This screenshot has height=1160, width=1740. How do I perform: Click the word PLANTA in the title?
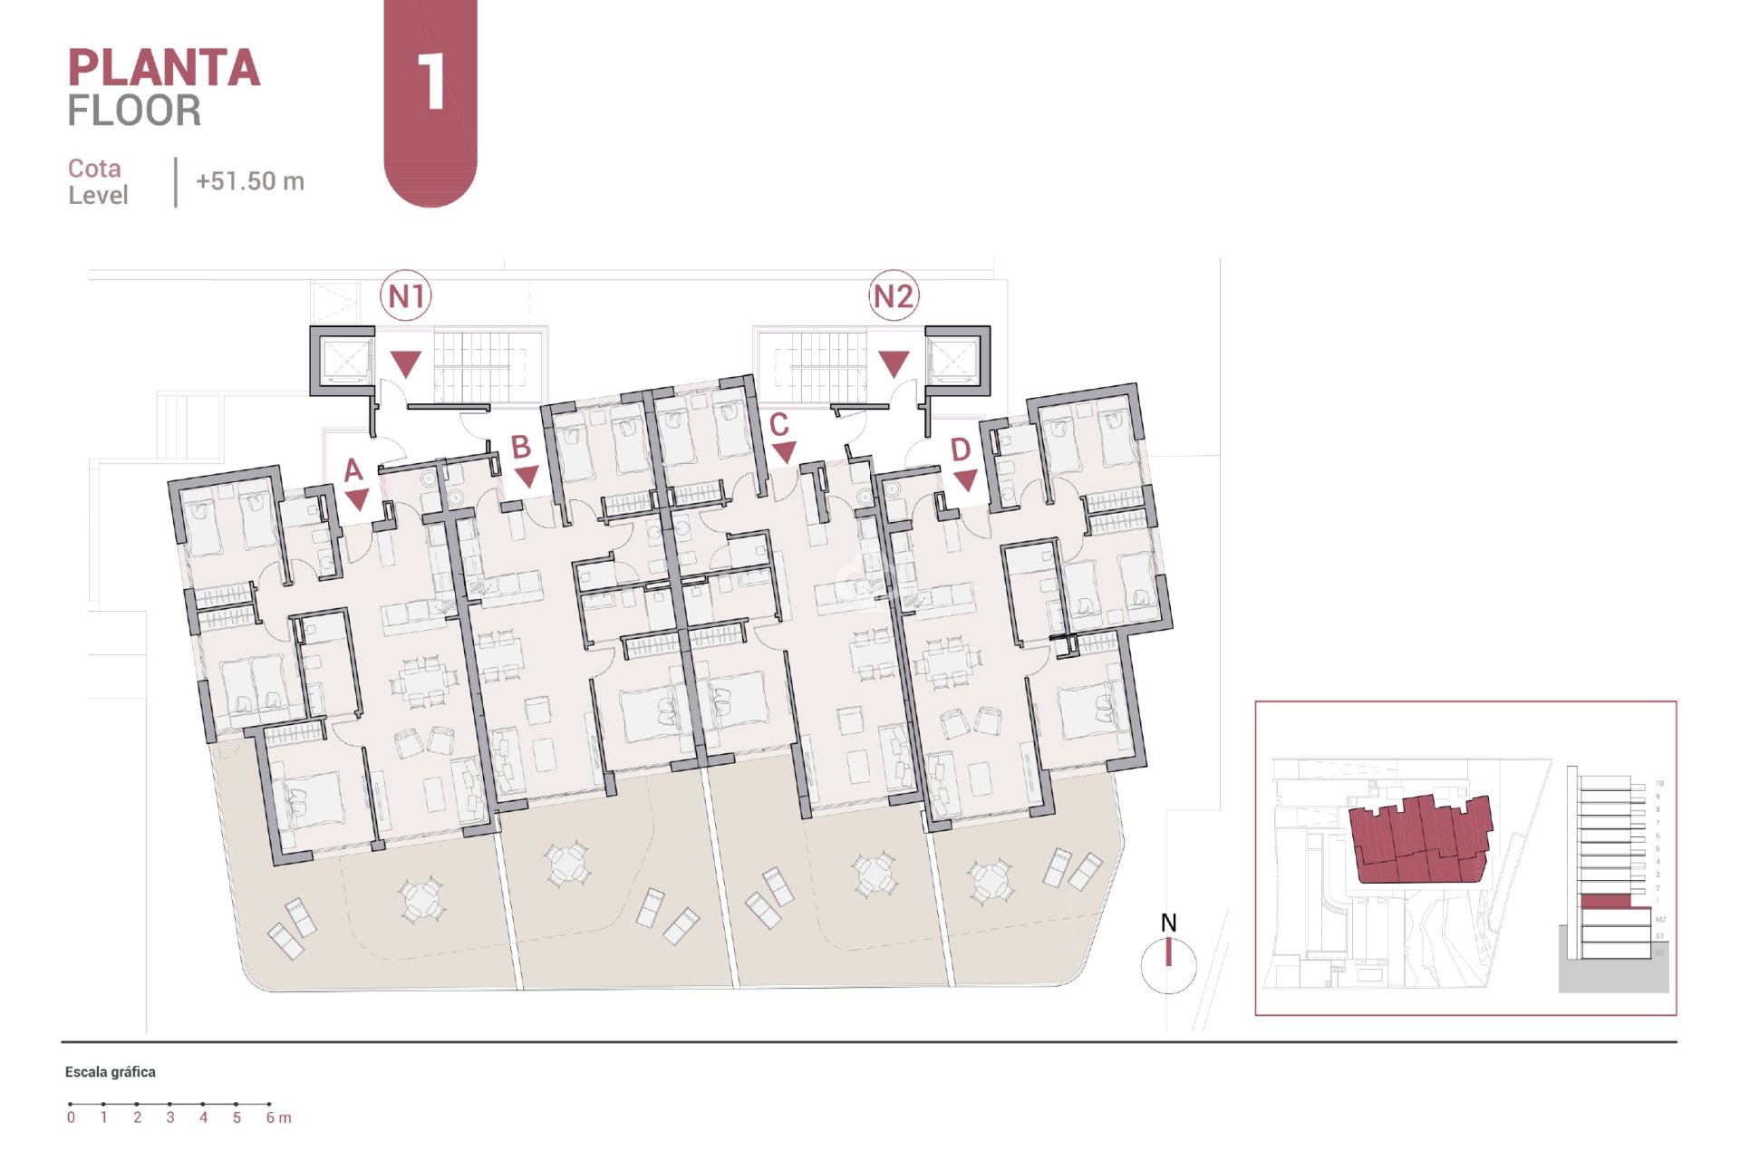point(164,69)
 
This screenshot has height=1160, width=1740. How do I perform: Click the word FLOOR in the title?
point(134,111)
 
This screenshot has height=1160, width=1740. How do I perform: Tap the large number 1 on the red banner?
point(431,82)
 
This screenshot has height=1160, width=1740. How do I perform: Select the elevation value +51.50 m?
point(250,181)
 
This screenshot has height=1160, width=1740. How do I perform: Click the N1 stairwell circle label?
point(406,296)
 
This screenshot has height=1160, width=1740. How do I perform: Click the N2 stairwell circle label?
point(894,296)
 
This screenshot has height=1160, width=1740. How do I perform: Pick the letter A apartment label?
point(353,469)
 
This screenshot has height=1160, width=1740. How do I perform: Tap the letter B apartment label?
point(520,447)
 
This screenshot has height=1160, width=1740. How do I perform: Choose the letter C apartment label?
point(778,424)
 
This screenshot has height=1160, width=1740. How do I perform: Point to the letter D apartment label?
point(961,449)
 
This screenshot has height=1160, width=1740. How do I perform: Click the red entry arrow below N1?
point(406,364)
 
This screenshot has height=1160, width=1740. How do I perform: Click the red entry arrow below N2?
point(894,364)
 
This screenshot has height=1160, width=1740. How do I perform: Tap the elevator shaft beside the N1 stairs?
point(343,361)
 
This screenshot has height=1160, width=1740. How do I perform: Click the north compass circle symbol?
point(1168,966)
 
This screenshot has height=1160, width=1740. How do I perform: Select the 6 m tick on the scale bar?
point(269,1105)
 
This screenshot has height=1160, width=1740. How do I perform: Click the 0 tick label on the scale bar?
point(71,1117)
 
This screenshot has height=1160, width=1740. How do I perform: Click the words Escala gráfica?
point(111,1072)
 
